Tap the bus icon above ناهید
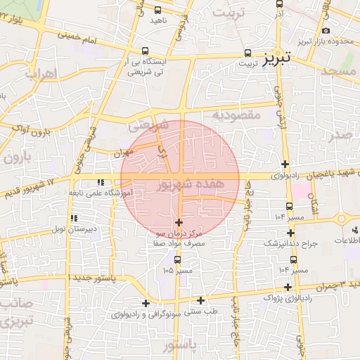(157, 10)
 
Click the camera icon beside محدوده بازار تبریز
(325, 30)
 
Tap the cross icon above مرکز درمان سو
(179, 222)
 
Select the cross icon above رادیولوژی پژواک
(288, 287)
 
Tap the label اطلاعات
(346, 241)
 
